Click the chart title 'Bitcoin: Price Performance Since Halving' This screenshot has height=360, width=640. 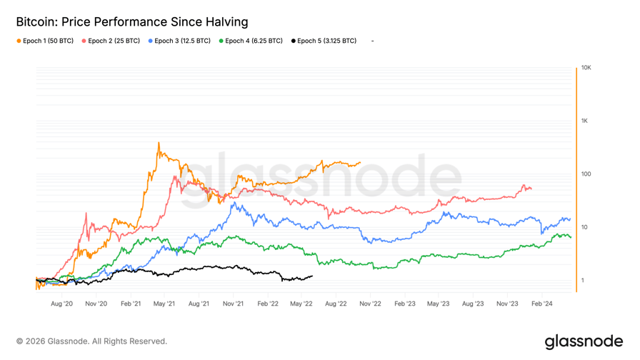(x=132, y=23)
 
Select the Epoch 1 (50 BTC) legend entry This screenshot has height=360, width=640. (x=45, y=41)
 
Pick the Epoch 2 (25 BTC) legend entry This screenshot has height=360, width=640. (x=111, y=41)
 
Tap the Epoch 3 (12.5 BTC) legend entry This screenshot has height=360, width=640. (x=179, y=41)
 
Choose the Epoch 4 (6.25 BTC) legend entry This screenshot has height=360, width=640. (x=251, y=41)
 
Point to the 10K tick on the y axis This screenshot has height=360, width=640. (x=586, y=68)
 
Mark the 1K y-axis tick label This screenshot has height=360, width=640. (x=584, y=121)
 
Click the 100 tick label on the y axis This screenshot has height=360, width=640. (x=586, y=174)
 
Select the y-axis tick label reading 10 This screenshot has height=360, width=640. (x=584, y=227)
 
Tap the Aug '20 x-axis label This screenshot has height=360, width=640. (x=62, y=304)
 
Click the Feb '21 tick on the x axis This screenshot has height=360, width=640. (x=131, y=304)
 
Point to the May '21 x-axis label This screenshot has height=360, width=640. (x=164, y=304)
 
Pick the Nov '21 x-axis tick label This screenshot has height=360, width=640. (x=233, y=304)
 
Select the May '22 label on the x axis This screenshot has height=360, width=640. (x=301, y=304)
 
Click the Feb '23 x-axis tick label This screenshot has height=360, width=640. (x=404, y=304)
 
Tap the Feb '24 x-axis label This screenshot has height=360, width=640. (x=541, y=304)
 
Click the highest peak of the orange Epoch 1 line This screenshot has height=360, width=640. (x=159, y=143)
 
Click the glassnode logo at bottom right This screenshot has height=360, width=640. (x=584, y=341)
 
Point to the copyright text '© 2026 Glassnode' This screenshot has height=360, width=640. (x=91, y=341)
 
